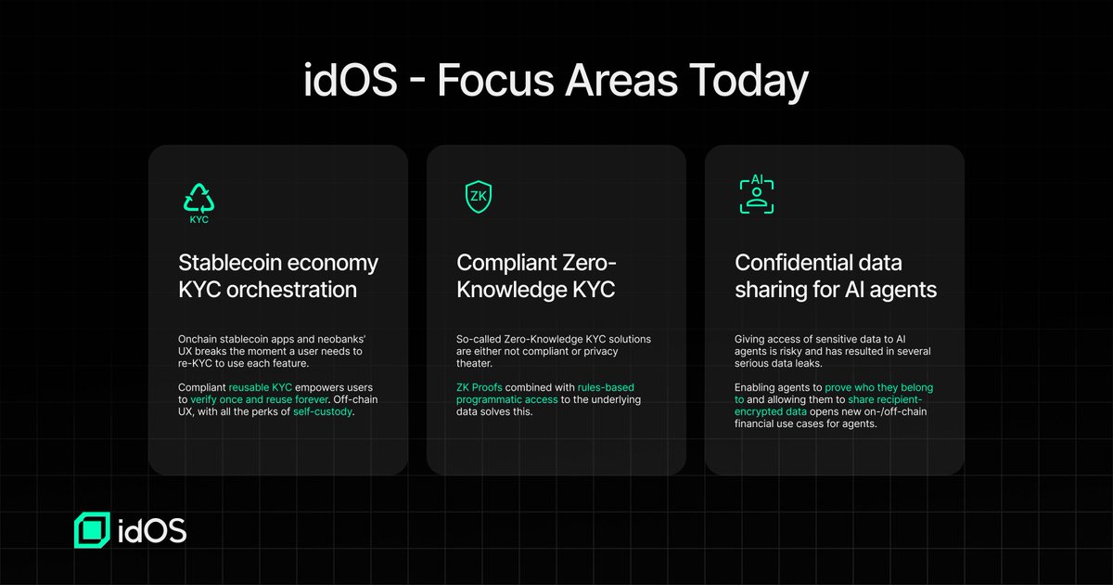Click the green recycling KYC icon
point(198,201)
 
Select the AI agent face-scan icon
point(756,195)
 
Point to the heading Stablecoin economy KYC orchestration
point(278,276)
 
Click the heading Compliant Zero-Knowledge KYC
point(536,276)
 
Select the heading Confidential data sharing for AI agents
point(835,276)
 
